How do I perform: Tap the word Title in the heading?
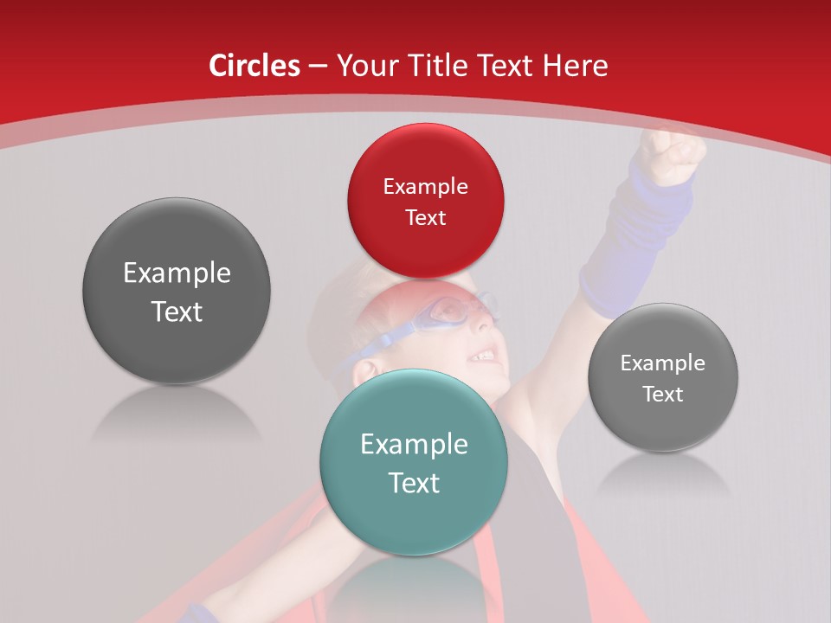point(433,66)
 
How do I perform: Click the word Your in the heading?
point(366,66)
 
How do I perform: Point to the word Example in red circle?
point(425,187)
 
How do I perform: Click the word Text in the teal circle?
point(414,483)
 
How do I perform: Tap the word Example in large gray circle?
point(177,273)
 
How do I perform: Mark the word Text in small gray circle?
point(663,394)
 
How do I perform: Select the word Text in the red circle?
point(425,218)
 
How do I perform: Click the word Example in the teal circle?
point(414,445)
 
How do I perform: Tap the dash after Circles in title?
point(318,66)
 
